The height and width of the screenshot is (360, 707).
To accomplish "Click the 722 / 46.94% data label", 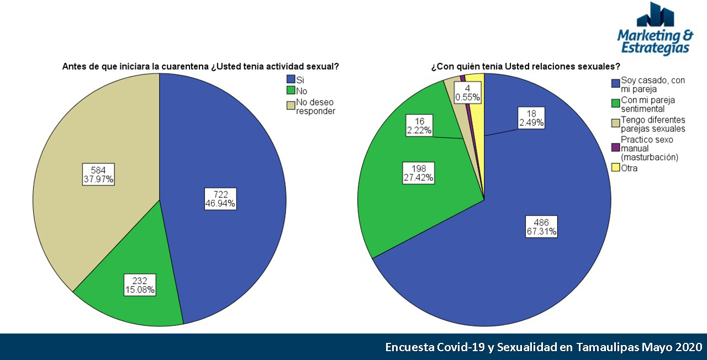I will pos(220,199).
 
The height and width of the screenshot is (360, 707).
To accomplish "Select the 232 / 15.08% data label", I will pos(139,284).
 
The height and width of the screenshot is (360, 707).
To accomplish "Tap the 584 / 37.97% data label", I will pos(98,174).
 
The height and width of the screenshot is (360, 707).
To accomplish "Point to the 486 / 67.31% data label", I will pos(541,226).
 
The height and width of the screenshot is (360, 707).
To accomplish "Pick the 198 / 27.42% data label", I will pos(418,173).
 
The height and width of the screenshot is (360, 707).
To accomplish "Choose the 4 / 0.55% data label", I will pos(467,93).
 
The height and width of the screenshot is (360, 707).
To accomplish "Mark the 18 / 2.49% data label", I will pos(531,118).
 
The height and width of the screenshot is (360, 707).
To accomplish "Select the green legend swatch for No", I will pos(291,91).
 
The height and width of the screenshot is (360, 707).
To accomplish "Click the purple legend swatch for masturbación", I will pos(615,149).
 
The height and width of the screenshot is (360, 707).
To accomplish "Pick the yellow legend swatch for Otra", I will pos(615,168).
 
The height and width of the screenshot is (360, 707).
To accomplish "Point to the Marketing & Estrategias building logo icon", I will pos(656,15).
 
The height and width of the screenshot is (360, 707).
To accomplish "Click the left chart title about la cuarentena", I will pos(200,67).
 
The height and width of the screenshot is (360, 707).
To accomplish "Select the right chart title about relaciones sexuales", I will pos(525,67).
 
